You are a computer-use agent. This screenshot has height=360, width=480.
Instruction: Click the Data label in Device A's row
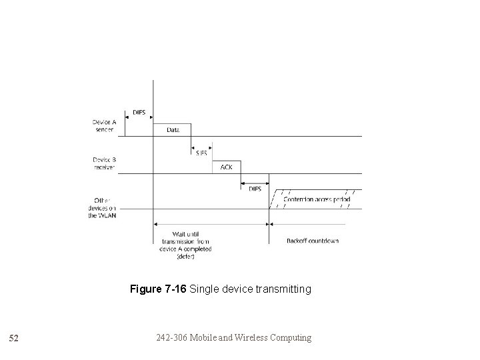click(172, 130)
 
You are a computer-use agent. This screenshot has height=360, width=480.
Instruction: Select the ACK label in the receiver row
click(226, 167)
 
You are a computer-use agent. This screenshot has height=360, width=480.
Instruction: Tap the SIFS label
click(201, 153)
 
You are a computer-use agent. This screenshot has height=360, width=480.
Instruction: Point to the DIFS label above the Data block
click(139, 112)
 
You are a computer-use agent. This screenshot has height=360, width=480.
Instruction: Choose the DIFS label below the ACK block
click(255, 189)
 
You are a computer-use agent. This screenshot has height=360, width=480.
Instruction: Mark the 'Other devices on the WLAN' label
click(102, 208)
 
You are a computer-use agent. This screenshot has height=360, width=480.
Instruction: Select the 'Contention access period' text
click(317, 199)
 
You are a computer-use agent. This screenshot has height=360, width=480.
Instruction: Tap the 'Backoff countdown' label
click(313, 240)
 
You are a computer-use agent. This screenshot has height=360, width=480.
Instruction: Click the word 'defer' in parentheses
click(185, 257)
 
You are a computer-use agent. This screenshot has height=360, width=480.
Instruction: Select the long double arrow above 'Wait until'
click(211, 225)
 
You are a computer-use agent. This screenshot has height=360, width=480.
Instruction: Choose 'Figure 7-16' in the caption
click(158, 289)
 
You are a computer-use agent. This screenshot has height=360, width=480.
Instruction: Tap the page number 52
click(14, 339)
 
